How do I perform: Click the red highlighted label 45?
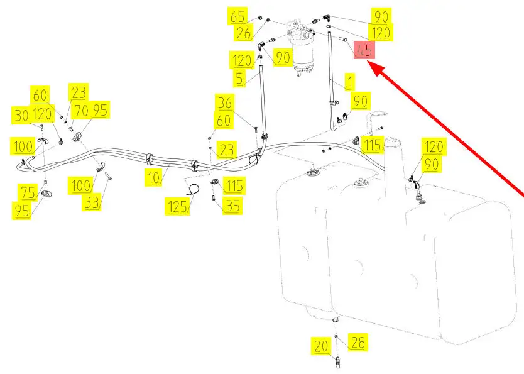pos(364,50)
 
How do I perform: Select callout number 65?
pos(238,16)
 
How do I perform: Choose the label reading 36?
pos(224,102)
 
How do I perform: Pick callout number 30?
pos(22,116)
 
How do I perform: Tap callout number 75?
pos(28,192)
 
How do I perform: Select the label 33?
pos(92,202)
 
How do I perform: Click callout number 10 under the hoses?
pos(153,178)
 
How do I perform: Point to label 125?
pos(177,206)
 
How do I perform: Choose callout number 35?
pos(232,206)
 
